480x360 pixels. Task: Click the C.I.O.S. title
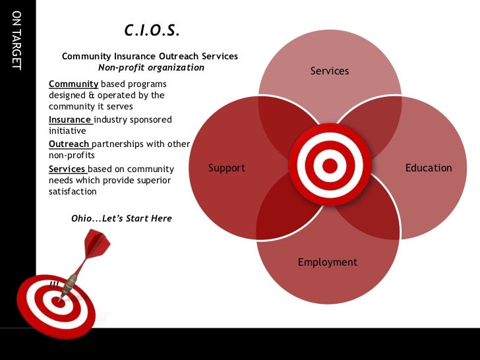tap(152, 31)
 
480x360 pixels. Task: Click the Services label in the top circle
tap(330, 71)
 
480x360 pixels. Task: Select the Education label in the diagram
tap(429, 167)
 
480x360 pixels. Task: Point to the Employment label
tap(328, 262)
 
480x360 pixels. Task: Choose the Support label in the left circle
tap(227, 167)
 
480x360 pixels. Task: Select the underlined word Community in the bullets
tap(73, 84)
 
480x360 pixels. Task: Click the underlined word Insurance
tap(70, 120)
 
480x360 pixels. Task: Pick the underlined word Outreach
tap(69, 144)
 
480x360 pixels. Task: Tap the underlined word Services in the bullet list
tap(67, 169)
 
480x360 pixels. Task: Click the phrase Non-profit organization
tap(151, 67)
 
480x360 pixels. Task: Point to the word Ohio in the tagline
tap(82, 218)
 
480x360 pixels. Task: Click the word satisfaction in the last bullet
tap(73, 192)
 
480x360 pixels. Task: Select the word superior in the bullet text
tap(152, 181)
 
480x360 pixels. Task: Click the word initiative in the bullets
tap(67, 131)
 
